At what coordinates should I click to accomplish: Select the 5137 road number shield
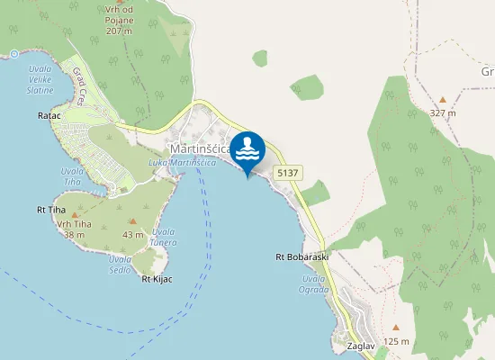[x=288, y=172]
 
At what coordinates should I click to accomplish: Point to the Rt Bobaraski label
[x=302, y=256]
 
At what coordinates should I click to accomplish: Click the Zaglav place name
[x=347, y=345]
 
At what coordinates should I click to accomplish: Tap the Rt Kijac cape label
[x=157, y=278]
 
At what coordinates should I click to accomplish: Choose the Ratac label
[x=49, y=116]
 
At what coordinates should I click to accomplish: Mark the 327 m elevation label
[x=443, y=113]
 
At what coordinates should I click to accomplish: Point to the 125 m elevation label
[x=396, y=341]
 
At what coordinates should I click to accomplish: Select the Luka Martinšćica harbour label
[x=182, y=162]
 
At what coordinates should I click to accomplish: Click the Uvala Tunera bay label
[x=163, y=237]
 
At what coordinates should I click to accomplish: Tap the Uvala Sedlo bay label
[x=121, y=265]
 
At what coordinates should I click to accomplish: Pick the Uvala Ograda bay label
[x=314, y=285]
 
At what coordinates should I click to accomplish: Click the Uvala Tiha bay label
[x=71, y=175]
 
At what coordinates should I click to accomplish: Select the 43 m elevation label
[x=133, y=235]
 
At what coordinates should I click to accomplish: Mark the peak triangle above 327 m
[x=442, y=100]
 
